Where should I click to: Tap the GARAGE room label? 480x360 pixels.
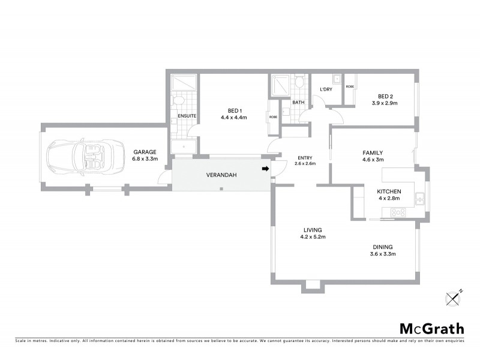[144, 152]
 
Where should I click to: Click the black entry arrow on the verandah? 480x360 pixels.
[264, 169]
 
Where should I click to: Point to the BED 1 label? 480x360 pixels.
[234, 110]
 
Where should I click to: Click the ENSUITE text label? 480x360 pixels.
[187, 116]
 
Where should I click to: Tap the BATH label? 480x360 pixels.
[298, 103]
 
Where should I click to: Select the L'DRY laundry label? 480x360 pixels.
[326, 89]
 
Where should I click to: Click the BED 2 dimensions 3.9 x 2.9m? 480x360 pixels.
[385, 103]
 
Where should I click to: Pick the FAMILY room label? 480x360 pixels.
[372, 152]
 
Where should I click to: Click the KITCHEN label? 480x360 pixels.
[388, 191]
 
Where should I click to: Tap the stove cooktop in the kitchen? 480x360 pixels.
[398, 212]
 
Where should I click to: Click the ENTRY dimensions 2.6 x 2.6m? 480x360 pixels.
[306, 163]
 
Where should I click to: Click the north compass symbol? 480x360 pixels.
[454, 297]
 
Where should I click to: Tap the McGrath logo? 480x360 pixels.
[431, 328]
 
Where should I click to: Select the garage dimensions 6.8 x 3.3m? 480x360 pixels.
[144, 160]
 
